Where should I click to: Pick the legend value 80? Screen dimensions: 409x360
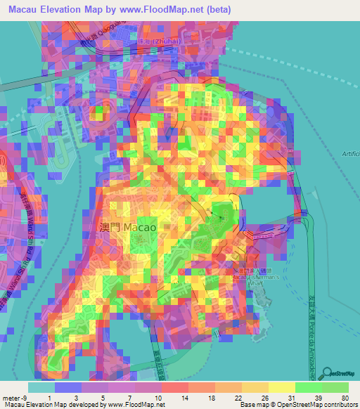(x=345, y=398)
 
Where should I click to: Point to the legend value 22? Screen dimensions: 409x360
(x=238, y=398)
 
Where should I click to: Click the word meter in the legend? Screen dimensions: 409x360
(x=10, y=398)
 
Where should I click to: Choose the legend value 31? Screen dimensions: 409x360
(x=291, y=398)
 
